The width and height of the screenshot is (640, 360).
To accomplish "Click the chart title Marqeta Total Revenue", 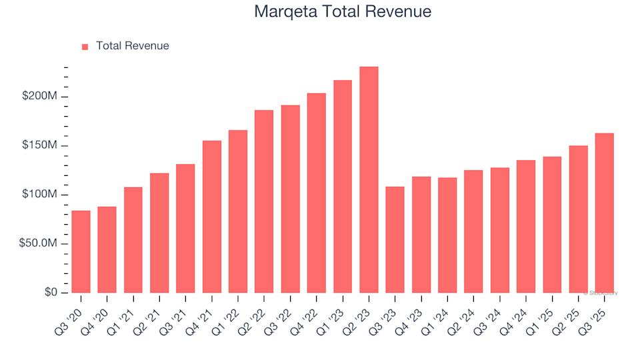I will pyautogui.click(x=343, y=12).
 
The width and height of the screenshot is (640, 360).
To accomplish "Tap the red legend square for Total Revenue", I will pyautogui.click(x=85, y=47).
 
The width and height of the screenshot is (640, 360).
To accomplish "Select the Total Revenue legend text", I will pyautogui.click(x=132, y=46).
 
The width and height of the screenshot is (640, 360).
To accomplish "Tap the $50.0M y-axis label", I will pyautogui.click(x=41, y=244).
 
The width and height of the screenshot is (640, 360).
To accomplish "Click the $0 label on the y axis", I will pyautogui.click(x=52, y=293).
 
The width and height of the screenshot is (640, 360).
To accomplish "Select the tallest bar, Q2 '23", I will pyautogui.click(x=369, y=180).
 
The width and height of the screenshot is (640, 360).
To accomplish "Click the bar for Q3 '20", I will pyautogui.click(x=81, y=252).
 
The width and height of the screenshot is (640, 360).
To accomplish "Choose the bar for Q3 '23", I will pyautogui.click(x=395, y=240).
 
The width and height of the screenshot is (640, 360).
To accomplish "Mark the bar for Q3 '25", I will pyautogui.click(x=604, y=213).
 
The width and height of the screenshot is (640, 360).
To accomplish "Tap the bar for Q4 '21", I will pyautogui.click(x=212, y=217).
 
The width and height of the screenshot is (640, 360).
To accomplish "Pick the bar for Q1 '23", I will pyautogui.click(x=343, y=187).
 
